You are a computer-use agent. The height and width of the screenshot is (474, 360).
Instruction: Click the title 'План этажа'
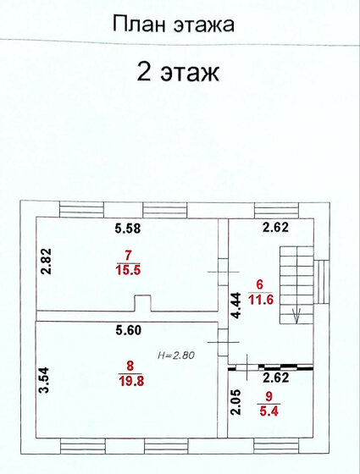pyautogui.click(x=174, y=25)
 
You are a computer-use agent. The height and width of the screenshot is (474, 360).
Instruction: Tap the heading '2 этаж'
pyautogui.click(x=178, y=72)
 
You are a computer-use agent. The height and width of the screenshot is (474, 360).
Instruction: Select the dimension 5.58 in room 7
pyautogui.click(x=128, y=229)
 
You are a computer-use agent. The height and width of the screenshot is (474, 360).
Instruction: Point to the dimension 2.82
pyautogui.click(x=46, y=262)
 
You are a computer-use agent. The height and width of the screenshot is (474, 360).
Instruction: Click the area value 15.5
pyautogui.click(x=128, y=270)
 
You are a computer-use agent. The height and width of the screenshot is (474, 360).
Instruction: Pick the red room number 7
pyautogui.click(x=128, y=256)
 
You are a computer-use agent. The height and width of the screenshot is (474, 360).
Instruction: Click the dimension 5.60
pyautogui.click(x=129, y=330)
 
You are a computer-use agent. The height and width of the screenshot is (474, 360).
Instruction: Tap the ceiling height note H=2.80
pyautogui.click(x=176, y=355)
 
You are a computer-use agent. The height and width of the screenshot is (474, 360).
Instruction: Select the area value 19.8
pyautogui.click(x=131, y=381)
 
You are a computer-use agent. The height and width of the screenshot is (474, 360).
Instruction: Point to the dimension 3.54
pyautogui.click(x=44, y=380)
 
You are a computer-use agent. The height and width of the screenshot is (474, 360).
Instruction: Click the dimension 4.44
pyautogui.click(x=235, y=306)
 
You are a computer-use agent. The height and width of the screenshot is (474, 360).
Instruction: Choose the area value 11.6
pyautogui.click(x=261, y=300)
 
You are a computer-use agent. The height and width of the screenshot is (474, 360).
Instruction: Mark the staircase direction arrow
pyautogui.click(x=296, y=315)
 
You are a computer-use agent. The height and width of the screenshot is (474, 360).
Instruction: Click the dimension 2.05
pyautogui.click(x=236, y=402)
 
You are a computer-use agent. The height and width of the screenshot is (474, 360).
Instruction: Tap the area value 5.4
pyautogui.click(x=269, y=411)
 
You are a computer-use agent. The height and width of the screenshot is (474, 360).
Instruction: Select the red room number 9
pyautogui.click(x=269, y=396)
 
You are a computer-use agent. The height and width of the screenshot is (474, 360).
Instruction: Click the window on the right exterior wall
pyautogui.click(x=321, y=282)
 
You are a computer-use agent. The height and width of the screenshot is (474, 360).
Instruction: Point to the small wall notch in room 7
pyautogui.click(x=142, y=303)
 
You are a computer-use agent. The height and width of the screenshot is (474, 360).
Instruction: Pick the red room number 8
pyautogui.click(x=130, y=366)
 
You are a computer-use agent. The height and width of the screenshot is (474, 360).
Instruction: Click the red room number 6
pyautogui.click(x=260, y=284)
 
